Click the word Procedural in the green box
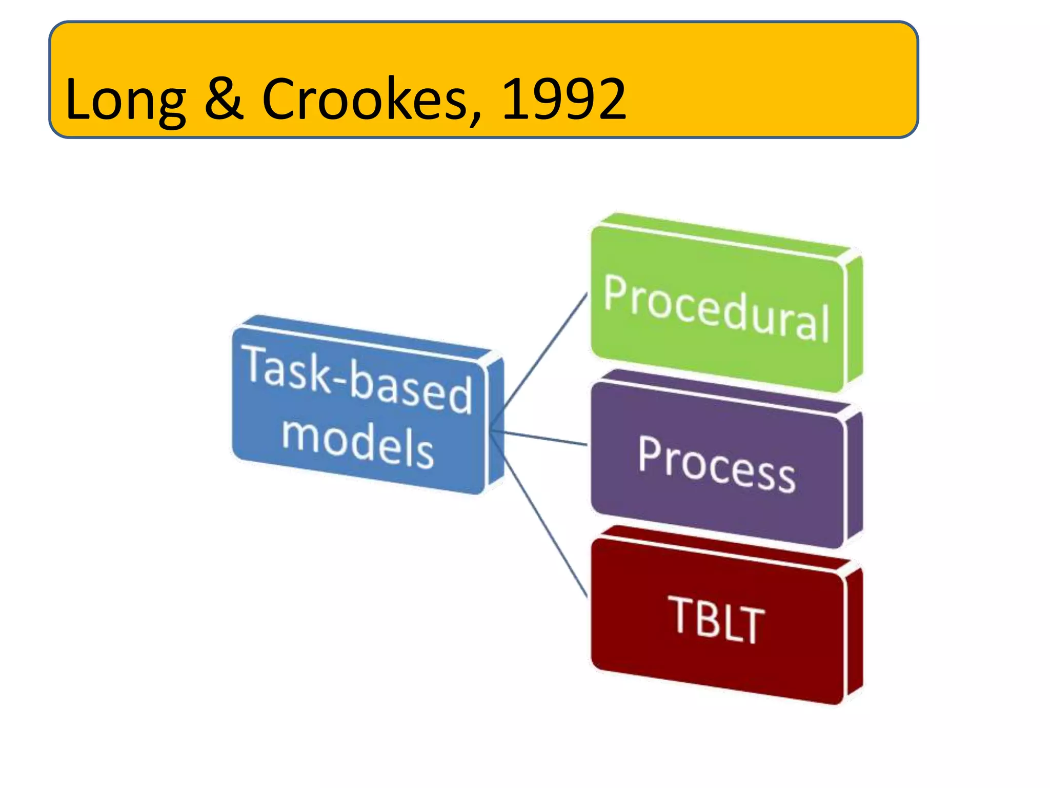point(716,308)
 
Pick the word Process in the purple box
point(716,464)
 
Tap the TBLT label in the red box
point(716,619)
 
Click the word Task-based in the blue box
point(359,380)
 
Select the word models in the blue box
point(357,443)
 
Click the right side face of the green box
point(854,321)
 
